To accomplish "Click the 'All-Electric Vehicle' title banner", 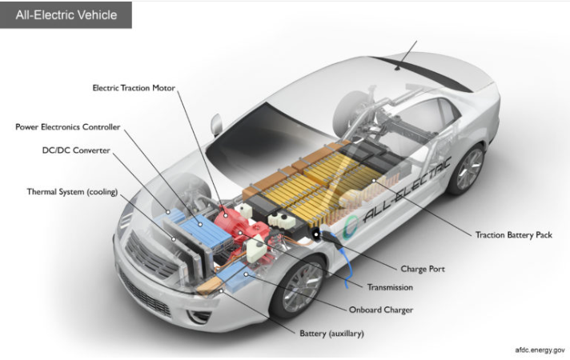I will coord(66,15).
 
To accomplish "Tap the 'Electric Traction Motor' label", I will coord(134,87).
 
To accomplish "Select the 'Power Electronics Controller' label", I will coord(67,127).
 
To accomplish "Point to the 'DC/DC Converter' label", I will coord(76,150).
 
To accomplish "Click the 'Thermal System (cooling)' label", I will coord(71,192).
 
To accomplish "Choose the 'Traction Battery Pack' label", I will coord(513,234).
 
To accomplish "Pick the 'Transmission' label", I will coord(390,287).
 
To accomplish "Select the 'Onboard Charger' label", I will coord(381,310).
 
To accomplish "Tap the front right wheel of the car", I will coord(298,285).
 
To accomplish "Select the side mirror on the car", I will coord(216,124).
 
